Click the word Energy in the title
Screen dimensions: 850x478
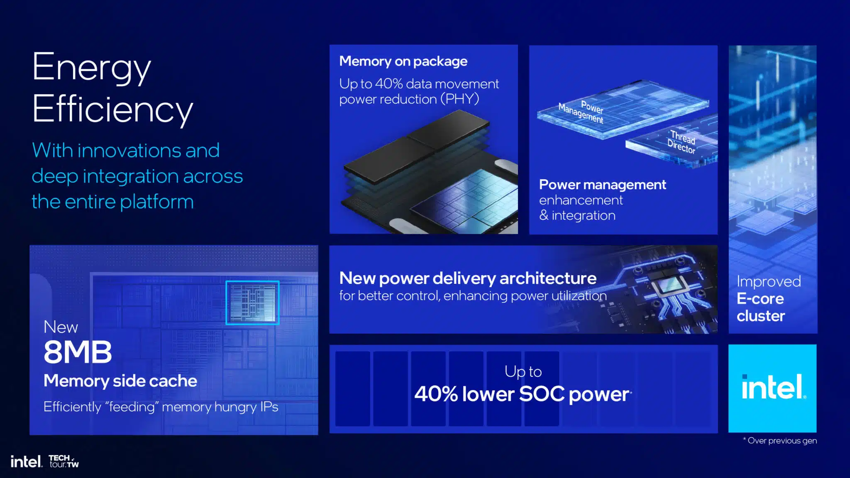pos(91,68)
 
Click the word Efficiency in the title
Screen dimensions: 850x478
pos(112,109)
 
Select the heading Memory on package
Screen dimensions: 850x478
pos(403,61)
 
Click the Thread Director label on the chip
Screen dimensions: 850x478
pos(681,141)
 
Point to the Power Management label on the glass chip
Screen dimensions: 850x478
pos(581,112)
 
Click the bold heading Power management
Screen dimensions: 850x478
pos(602,185)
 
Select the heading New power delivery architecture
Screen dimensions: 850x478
pos(468,278)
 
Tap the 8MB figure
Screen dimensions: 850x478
pos(78,352)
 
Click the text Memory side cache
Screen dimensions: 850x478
pos(120,381)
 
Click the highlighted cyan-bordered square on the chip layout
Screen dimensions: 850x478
pos(252,302)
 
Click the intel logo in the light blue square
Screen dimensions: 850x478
pos(773,388)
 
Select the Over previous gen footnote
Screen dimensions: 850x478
pos(780,441)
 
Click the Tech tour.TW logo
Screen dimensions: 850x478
pos(64,461)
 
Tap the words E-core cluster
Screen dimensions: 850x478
pos(761,307)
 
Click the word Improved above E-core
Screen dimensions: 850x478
pos(769,281)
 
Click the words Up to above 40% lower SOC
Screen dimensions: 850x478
pos(523,372)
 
